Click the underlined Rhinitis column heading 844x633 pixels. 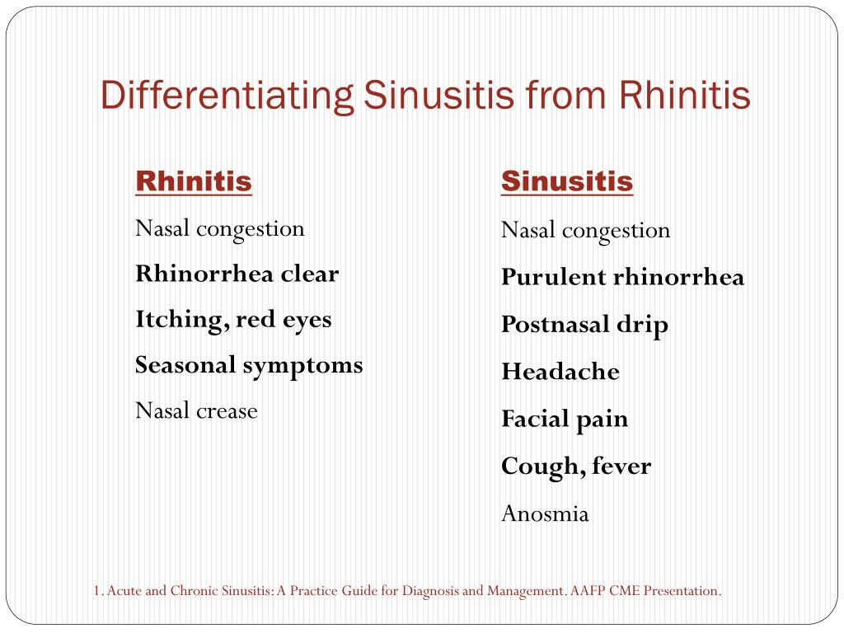click(x=193, y=181)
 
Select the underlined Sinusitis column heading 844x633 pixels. click(x=567, y=181)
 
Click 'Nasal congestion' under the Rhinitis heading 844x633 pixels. click(x=219, y=228)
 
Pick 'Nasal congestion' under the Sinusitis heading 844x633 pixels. click(x=585, y=230)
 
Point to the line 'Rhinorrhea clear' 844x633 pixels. click(x=237, y=274)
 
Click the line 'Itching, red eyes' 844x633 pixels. click(x=233, y=320)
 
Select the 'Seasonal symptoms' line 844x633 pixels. click(x=249, y=365)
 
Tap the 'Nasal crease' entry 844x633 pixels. click(x=196, y=410)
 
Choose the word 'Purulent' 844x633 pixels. click(x=553, y=278)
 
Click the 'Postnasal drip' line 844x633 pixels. click(x=584, y=325)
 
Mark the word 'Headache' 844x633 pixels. click(x=560, y=372)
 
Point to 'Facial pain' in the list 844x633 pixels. click(x=565, y=419)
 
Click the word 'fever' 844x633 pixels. click(x=620, y=467)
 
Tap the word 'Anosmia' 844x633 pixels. click(x=545, y=514)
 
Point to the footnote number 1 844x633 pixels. click(x=96, y=591)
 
